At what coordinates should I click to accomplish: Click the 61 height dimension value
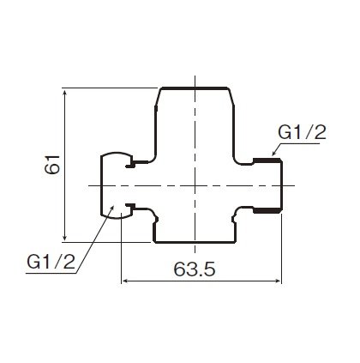click(52, 165)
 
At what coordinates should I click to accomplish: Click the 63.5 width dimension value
click(195, 269)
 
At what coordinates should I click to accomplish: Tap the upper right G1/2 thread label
click(302, 133)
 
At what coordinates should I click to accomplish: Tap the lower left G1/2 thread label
click(51, 262)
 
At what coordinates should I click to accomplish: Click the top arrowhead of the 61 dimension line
click(65, 93)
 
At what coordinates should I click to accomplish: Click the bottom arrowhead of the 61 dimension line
click(65, 237)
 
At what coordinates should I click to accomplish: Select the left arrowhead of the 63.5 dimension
click(126, 281)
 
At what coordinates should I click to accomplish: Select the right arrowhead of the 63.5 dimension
click(278, 281)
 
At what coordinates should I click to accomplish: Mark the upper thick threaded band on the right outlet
click(267, 160)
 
